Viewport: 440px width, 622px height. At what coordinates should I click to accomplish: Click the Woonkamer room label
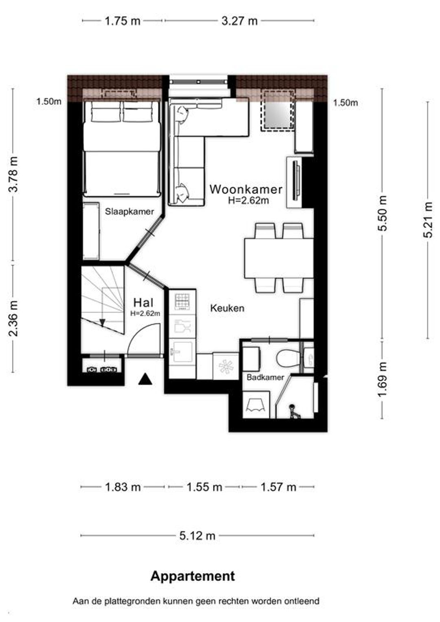[x=246, y=189]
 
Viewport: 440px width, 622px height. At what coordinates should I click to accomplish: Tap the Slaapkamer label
[x=129, y=212]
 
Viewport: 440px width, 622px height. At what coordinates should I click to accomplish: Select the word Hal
[x=143, y=303]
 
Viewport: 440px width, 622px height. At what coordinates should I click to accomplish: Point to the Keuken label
[x=227, y=308]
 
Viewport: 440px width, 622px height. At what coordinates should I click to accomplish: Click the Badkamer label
[x=265, y=377]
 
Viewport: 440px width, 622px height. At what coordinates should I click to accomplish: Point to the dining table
[x=279, y=258]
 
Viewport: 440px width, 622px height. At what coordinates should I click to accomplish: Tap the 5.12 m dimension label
[x=197, y=536]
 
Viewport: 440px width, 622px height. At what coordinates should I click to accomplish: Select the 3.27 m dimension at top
[x=240, y=21]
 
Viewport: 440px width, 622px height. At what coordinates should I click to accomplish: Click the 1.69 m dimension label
[x=384, y=379]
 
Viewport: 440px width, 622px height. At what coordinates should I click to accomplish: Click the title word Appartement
[x=193, y=576]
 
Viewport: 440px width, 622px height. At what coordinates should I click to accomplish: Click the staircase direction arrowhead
[x=102, y=323]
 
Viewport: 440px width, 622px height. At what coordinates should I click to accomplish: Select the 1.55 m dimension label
[x=204, y=487]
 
